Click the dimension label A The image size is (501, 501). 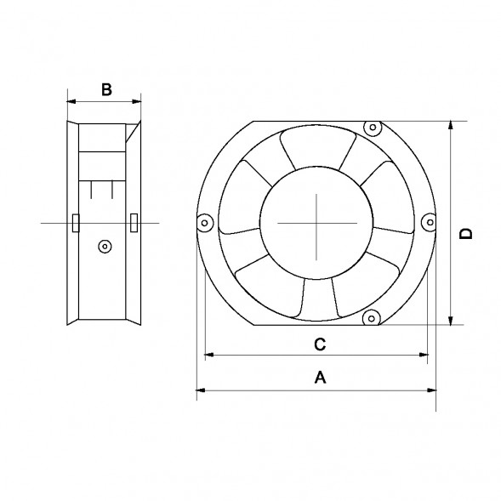(x=320, y=377)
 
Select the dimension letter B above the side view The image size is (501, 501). (x=105, y=88)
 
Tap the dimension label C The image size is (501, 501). (x=319, y=344)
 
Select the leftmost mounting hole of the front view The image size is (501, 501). (x=204, y=223)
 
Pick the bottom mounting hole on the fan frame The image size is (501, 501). (x=371, y=318)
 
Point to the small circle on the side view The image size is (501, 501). (x=104, y=246)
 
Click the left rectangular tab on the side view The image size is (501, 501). (x=76, y=222)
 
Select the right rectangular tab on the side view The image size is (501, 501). (x=134, y=222)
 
